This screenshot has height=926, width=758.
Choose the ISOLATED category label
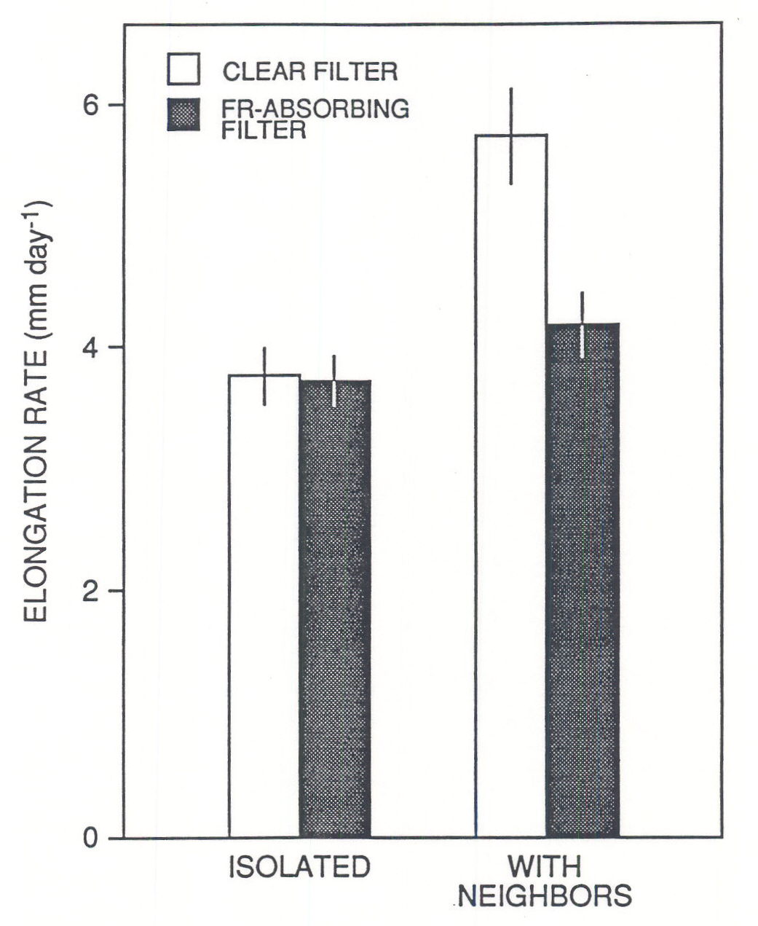click(300, 868)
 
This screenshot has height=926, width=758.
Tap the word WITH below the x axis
click(545, 868)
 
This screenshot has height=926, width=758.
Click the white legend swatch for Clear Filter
click(184, 69)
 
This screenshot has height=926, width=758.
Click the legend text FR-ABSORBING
click(315, 109)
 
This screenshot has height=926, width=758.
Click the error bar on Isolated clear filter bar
click(264, 376)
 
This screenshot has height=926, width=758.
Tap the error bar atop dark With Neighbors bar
click(582, 324)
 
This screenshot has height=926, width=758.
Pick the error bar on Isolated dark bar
click(333, 380)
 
